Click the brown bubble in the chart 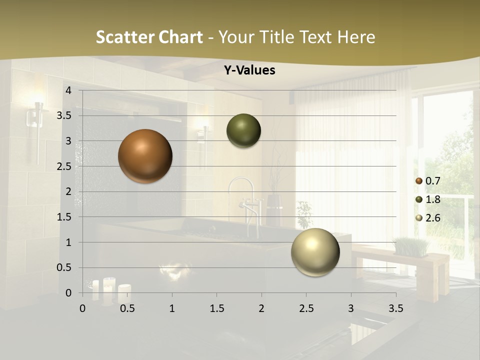tap(145, 156)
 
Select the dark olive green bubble tap(243, 131)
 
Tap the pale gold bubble tap(315, 252)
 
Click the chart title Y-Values tap(249, 70)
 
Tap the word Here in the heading tap(356, 37)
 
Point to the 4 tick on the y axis tap(68, 90)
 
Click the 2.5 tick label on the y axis tap(64, 166)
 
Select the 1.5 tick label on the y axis tap(64, 217)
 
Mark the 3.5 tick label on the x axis tap(395, 308)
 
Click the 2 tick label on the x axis tap(261, 308)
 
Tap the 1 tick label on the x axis tap(172, 308)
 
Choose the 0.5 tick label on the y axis tap(64, 267)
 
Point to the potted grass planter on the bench tap(411, 246)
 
